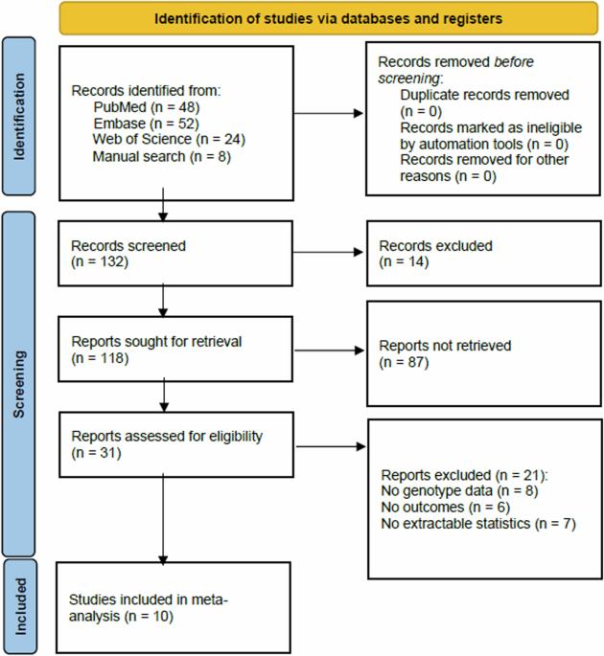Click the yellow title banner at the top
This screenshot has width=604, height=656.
point(329,18)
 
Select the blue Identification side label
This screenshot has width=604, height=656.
point(19,116)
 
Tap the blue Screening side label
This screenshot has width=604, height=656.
point(19,384)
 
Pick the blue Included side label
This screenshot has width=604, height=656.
point(20,606)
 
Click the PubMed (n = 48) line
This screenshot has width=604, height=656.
point(147,107)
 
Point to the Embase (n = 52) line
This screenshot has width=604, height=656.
point(146,124)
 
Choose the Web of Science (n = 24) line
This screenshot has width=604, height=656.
point(169,139)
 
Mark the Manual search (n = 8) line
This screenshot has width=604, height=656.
point(162,156)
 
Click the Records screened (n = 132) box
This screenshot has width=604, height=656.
point(175,254)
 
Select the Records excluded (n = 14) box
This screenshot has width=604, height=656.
point(484,254)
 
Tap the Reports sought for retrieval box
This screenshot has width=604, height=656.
point(175,349)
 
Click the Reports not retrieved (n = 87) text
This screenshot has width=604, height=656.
point(445,353)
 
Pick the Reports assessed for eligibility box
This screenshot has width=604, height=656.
point(176,444)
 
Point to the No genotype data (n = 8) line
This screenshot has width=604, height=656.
point(459,490)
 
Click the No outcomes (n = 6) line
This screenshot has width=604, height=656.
point(445,507)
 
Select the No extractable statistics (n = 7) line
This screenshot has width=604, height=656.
point(478,524)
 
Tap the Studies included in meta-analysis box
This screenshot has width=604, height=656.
point(174,607)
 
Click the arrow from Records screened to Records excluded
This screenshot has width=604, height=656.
point(328,252)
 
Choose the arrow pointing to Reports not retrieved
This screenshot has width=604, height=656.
point(329,351)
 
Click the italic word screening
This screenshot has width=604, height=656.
point(408,79)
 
